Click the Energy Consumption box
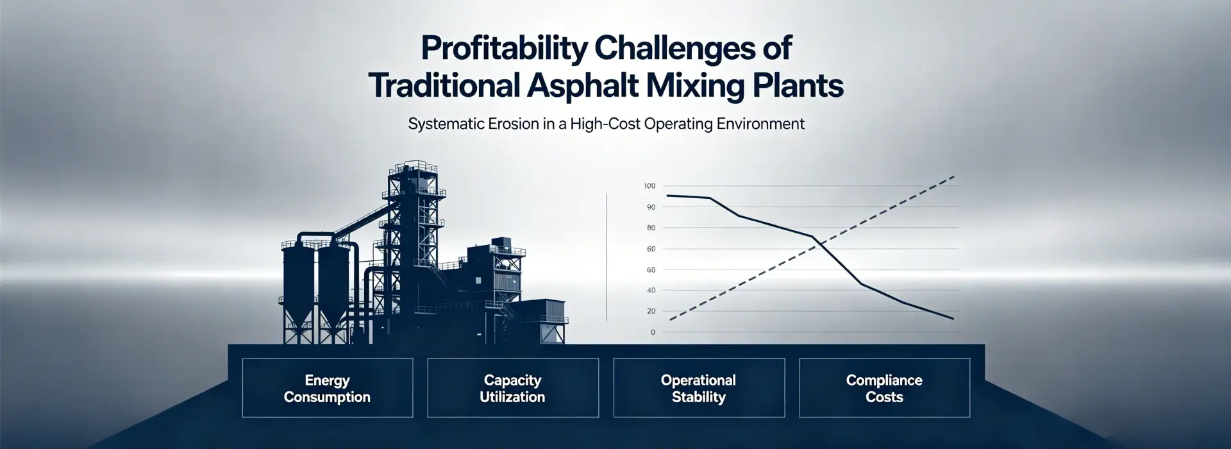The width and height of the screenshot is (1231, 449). tap(327, 388)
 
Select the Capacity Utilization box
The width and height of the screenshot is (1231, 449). tap(512, 388)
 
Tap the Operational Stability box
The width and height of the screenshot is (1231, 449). tap(698, 388)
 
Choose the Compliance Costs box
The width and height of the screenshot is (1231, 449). tap(883, 388)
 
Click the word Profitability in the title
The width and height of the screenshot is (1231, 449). tap(503, 49)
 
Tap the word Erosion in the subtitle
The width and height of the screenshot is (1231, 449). tap(514, 124)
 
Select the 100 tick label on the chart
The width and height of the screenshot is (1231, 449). tap(649, 186)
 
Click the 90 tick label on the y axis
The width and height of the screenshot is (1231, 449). tap(651, 207)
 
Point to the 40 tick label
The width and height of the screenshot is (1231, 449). tap(651, 291)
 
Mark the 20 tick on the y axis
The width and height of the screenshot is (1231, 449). tap(651, 311)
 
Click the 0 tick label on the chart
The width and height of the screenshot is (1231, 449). tap(653, 332)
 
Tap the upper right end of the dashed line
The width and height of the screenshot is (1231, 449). tap(954, 176)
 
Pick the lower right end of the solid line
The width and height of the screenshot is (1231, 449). tap(953, 318)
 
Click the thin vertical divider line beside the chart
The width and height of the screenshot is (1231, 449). tap(607, 257)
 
